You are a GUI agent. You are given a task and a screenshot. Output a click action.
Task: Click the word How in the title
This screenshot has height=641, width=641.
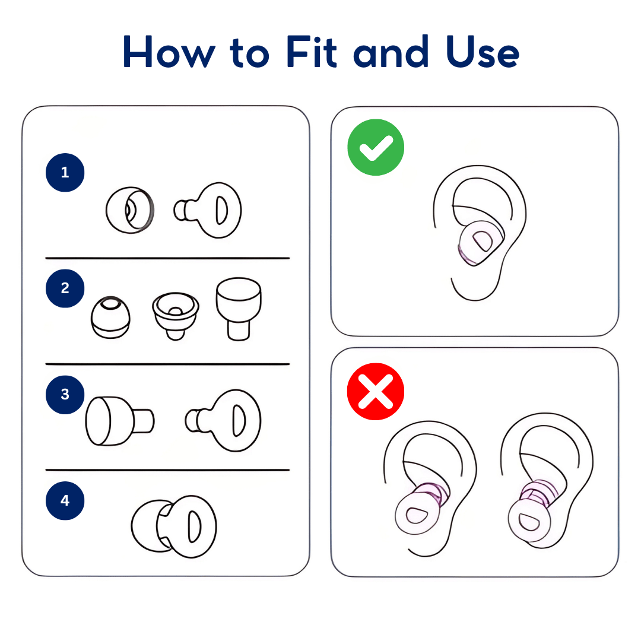coord(169,52)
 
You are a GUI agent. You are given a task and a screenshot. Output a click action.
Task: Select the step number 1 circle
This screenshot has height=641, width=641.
coord(65,173)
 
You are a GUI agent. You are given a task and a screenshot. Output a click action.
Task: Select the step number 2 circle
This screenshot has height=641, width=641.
coord(65,288)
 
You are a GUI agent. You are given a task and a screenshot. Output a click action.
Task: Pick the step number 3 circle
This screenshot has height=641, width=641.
coord(65,394)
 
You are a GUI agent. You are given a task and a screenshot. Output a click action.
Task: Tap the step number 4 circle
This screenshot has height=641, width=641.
coord(65,500)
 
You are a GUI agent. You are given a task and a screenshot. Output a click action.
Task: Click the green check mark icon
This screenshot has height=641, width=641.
coord(376,147)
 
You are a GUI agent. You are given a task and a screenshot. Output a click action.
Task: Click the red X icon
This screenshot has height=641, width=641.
coord(376,392)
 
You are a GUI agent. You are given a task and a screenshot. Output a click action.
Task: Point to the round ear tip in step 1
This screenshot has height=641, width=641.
coord(130,210)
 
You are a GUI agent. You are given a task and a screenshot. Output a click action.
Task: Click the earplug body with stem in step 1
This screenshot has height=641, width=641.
coord(211,210)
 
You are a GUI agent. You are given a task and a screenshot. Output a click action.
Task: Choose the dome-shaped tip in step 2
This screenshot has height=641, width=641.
coord(110,318)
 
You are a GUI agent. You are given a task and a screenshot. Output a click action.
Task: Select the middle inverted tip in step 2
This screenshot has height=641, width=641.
coord(174,315)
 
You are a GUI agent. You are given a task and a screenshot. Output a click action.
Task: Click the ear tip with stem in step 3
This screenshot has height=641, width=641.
coord(119,421)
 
